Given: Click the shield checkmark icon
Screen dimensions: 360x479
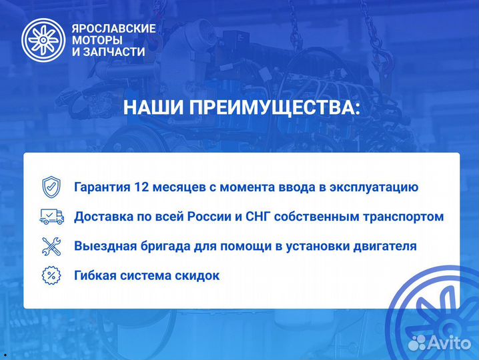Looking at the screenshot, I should coord(51,187).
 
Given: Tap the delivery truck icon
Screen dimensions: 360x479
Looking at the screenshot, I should coord(51,216).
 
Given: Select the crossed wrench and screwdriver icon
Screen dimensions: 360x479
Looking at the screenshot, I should coord(51,246).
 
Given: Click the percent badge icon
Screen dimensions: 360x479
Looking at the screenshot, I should coord(51,275).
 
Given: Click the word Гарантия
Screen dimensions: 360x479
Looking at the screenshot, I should coord(102,187).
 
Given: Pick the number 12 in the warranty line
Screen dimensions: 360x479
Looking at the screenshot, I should coord(141,187).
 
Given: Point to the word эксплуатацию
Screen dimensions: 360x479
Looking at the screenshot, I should coord(378,187).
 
